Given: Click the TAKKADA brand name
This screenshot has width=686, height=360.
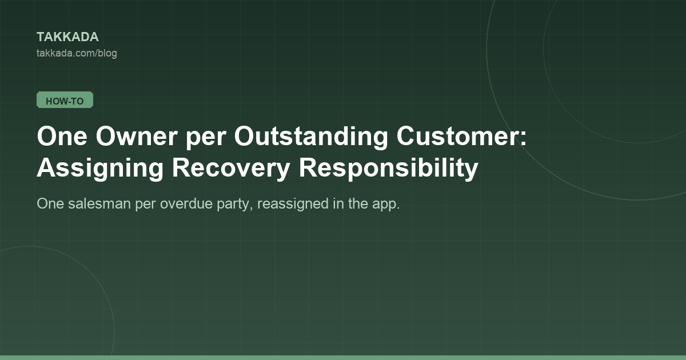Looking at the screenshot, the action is point(67,37).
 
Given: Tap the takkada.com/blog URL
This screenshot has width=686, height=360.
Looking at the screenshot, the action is point(77,53).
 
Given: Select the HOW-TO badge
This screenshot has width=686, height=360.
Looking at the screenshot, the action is point(65,100).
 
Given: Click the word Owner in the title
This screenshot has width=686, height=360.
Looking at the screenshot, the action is point(137,136).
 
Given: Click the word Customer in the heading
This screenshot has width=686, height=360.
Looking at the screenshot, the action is point(458,136).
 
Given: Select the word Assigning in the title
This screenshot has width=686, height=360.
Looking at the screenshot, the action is point(100,168).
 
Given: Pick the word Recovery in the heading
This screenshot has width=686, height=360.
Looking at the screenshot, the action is point(231,168).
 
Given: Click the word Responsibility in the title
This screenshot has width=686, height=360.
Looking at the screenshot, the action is point(388,168).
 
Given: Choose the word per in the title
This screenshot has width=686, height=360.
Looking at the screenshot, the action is point(206,139).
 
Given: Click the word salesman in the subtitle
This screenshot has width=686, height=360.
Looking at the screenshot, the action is point(99,203).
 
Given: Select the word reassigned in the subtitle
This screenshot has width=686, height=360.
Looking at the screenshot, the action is point(293,204).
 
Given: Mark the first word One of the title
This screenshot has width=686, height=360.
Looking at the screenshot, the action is point(62,136).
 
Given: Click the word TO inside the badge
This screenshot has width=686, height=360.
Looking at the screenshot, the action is point(78,101).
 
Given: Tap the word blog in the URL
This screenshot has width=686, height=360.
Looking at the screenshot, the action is point(108,54).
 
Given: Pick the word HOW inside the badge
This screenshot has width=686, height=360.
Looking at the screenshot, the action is point(57,101).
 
